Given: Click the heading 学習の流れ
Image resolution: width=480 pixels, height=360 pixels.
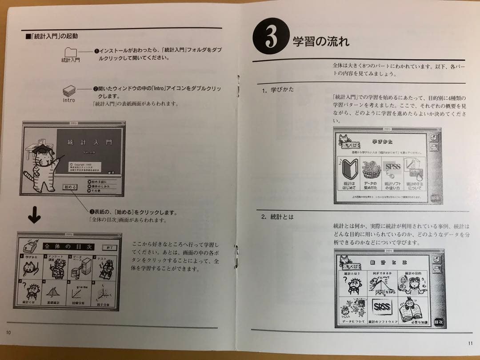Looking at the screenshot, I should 320,42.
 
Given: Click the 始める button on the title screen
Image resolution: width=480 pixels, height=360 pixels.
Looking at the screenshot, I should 71,187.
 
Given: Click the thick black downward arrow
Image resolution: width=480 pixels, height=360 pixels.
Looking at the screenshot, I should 34,216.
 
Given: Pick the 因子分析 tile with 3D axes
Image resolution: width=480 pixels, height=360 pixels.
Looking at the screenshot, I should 105,292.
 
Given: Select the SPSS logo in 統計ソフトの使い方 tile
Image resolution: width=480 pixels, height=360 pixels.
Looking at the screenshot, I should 392,168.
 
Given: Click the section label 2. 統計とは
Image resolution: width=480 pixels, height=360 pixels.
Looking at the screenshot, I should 277,217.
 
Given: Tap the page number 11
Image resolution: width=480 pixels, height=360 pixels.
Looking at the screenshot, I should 470,342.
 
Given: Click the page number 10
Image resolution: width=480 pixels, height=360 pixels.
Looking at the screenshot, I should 9,332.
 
